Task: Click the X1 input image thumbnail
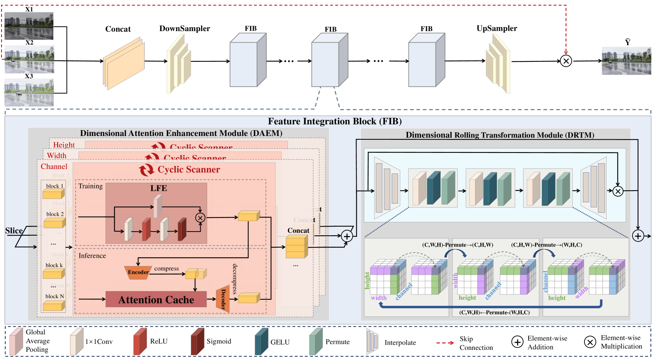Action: [29, 26]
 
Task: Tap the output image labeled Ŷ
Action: [626, 61]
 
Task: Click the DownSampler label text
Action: [184, 28]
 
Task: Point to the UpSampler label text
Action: [496, 28]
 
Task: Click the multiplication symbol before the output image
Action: [566, 61]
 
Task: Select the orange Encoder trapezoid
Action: [137, 272]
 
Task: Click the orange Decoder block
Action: [223, 299]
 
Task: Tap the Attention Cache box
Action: [156, 300]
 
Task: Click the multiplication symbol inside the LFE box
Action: [200, 218]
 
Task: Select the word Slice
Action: [14, 231]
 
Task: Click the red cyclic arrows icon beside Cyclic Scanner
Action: [146, 170]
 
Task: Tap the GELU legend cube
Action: [261, 341]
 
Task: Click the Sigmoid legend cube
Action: [197, 341]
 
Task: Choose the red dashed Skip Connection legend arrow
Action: [445, 343]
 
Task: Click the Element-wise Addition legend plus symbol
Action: [517, 342]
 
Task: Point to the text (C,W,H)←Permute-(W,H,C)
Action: [494, 312]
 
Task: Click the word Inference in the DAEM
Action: [92, 256]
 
